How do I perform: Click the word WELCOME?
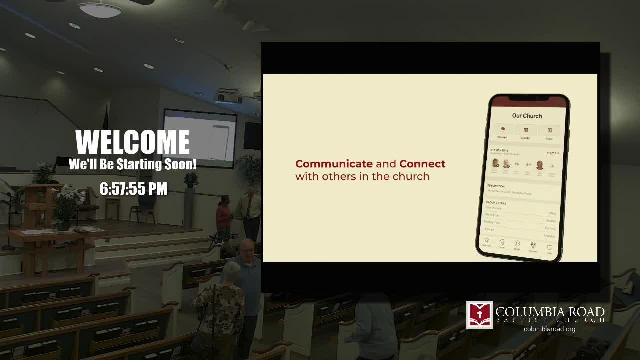coord(132,143)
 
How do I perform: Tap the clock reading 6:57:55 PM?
coord(133,189)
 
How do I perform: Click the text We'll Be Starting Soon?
coord(132,164)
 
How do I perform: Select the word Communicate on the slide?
coord(334,164)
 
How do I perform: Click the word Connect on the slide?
coord(422,164)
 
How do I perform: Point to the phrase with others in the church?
coord(362,176)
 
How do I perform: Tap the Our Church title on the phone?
coord(527,116)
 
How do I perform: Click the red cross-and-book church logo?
coord(480,315)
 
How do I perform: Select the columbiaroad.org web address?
coord(549,329)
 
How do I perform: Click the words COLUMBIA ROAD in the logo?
coord(550,312)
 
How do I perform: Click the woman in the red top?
coord(223,215)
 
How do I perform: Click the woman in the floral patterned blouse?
coord(218,310)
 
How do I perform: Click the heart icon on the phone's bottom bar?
coord(549,248)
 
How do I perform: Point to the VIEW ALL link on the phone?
coord(553,153)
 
